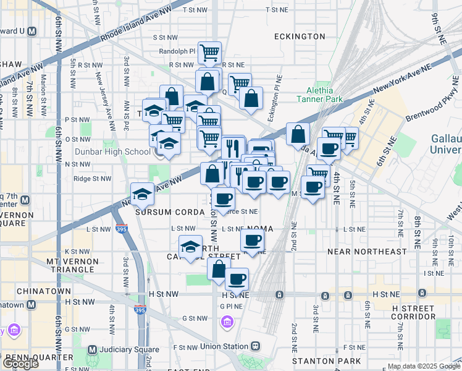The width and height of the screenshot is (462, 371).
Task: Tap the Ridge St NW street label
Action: point(92,179)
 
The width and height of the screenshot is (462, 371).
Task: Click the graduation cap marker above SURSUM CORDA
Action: point(142,194)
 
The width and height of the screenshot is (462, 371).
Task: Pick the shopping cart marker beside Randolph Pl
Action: point(210,53)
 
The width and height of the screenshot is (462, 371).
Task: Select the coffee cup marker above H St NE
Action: point(237,279)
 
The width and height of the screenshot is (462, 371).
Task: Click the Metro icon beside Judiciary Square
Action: point(92,349)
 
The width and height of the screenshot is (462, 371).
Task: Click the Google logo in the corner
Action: point(20,364)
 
